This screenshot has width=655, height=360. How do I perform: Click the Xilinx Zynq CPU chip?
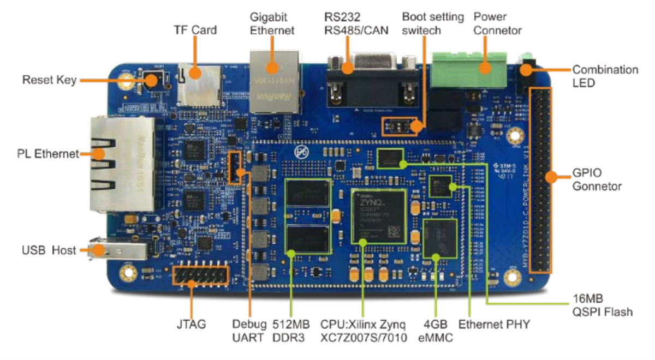click(x=379, y=217)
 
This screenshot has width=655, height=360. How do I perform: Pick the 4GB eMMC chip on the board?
click(x=440, y=238)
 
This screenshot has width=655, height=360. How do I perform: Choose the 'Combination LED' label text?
click(x=604, y=77)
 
